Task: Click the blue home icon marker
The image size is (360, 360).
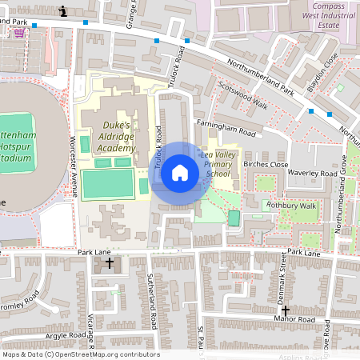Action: [x=180, y=172]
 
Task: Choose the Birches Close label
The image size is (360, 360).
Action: [x=266, y=164]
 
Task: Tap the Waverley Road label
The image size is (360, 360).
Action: [x=314, y=173]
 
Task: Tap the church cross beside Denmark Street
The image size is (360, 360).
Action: [x=285, y=310]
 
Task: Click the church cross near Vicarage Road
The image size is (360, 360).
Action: [x=109, y=262]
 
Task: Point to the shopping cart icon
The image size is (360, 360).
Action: [x=18, y=34]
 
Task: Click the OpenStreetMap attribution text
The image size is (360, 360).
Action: [x=80, y=354]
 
